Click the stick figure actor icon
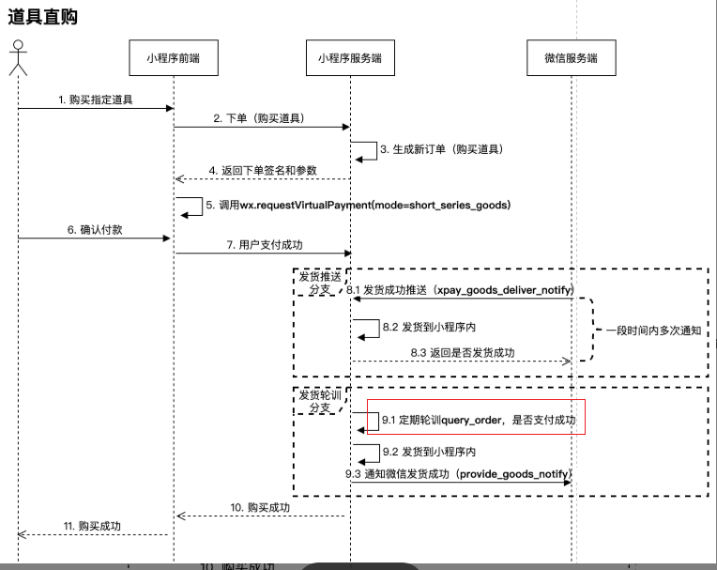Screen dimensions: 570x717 click(x=17, y=60)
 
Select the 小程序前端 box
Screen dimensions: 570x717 click(x=175, y=59)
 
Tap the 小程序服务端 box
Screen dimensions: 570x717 click(x=350, y=59)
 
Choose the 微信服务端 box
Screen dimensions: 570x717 click(x=571, y=59)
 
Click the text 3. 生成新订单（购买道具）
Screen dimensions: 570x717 click(x=441, y=149)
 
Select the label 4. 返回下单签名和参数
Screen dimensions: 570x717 click(x=263, y=170)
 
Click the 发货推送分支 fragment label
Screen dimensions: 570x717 click(x=319, y=284)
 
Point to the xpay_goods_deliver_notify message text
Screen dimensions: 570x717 click(x=460, y=290)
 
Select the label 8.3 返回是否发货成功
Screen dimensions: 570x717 click(x=461, y=352)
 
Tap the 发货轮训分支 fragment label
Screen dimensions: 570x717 click(x=319, y=401)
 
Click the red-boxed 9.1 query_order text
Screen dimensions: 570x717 click(x=478, y=420)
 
